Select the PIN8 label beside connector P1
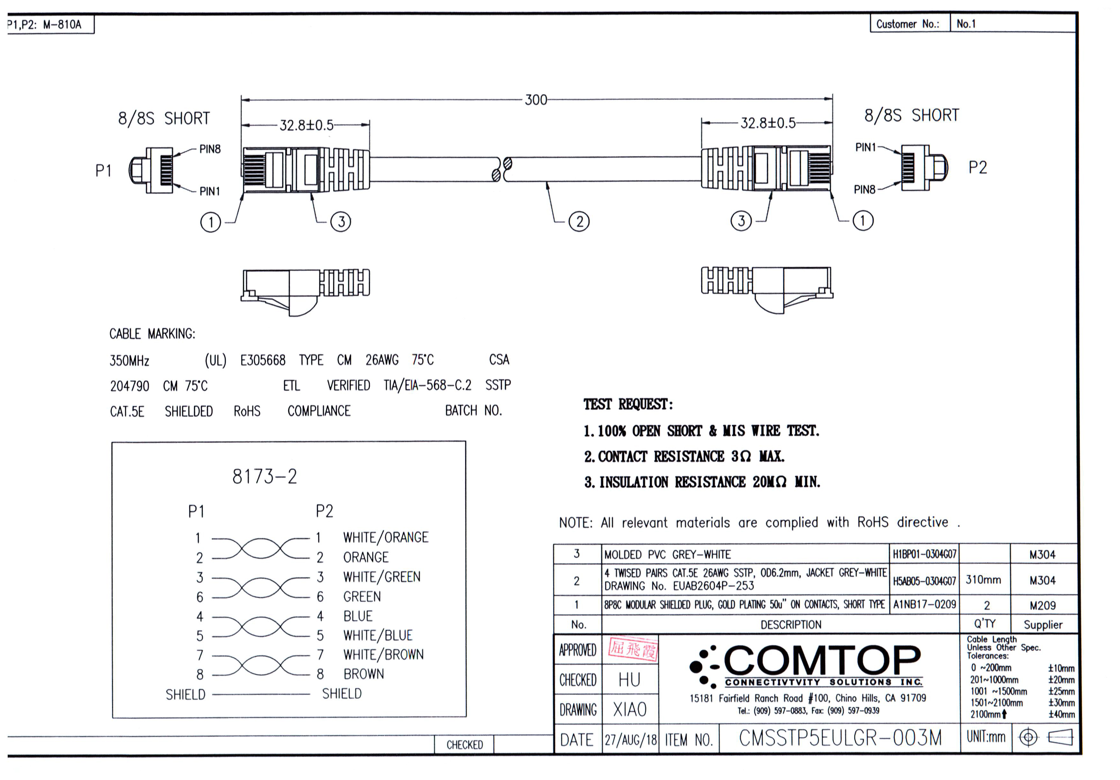[210, 149]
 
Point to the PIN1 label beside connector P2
[866, 147]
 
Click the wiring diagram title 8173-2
[264, 476]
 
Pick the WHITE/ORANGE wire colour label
[385, 537]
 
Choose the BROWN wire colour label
[363, 674]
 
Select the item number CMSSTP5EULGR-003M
[840, 738]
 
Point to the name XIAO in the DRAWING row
[630, 709]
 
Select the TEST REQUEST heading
[628, 404]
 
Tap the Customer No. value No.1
[966, 24]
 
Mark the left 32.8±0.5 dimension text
[306, 126]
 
